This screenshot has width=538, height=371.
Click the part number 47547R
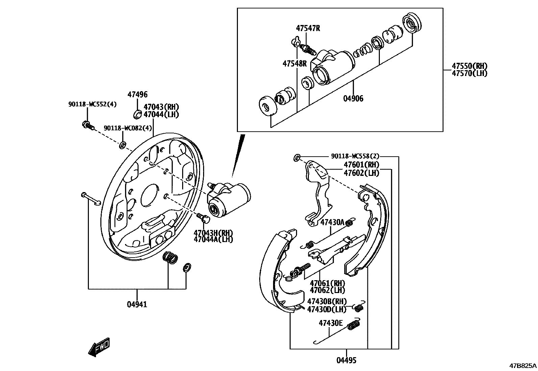(x=308, y=28)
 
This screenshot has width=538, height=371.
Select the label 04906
(x=353, y=99)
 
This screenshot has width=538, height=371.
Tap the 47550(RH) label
(x=470, y=66)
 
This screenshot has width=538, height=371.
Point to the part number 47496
(x=138, y=95)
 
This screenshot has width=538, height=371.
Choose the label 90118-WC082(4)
(x=128, y=128)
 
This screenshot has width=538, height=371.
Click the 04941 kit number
(x=137, y=304)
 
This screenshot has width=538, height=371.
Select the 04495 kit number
(x=346, y=361)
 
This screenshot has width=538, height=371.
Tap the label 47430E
(x=331, y=323)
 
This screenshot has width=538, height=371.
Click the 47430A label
(x=332, y=222)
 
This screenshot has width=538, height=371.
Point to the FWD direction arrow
(x=99, y=347)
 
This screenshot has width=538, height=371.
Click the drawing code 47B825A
(x=523, y=366)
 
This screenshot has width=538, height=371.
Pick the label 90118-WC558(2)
(x=355, y=156)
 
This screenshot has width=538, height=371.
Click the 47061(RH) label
(x=328, y=283)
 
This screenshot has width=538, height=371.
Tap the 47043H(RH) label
(x=213, y=233)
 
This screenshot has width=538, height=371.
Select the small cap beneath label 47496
(x=138, y=114)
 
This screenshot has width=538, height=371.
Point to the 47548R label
(x=295, y=63)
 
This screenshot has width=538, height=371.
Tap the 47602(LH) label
(x=361, y=173)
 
